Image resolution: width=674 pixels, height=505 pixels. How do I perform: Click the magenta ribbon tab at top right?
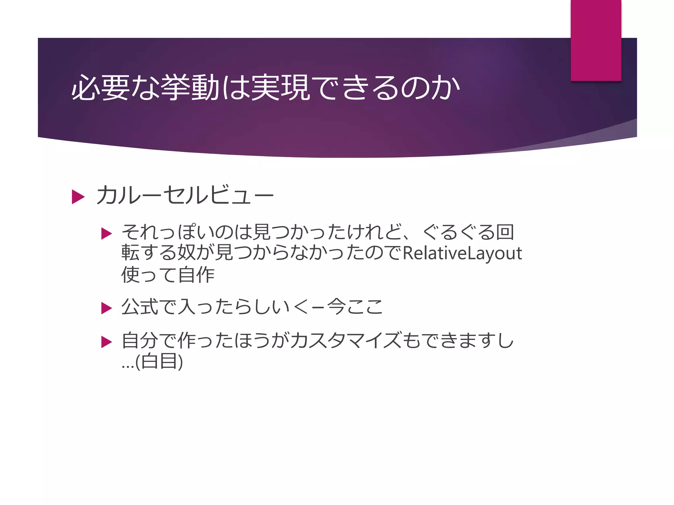click(596, 40)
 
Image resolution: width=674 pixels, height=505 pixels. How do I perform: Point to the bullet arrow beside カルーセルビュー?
click(78, 197)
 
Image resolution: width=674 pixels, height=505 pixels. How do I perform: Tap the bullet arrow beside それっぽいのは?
click(106, 234)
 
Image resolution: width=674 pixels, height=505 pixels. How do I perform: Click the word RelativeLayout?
click(462, 253)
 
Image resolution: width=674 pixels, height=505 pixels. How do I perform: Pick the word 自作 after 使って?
click(196, 275)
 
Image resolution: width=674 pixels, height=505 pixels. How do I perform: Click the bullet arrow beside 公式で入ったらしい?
click(106, 308)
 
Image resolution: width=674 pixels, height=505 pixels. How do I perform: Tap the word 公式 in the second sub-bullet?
click(140, 307)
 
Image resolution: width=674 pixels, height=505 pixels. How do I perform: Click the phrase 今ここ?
click(355, 307)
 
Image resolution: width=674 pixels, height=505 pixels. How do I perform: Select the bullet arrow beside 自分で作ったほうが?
click(106, 342)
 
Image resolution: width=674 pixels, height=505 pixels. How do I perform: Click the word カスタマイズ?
click(346, 341)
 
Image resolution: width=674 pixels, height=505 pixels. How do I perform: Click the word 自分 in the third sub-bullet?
click(140, 341)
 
